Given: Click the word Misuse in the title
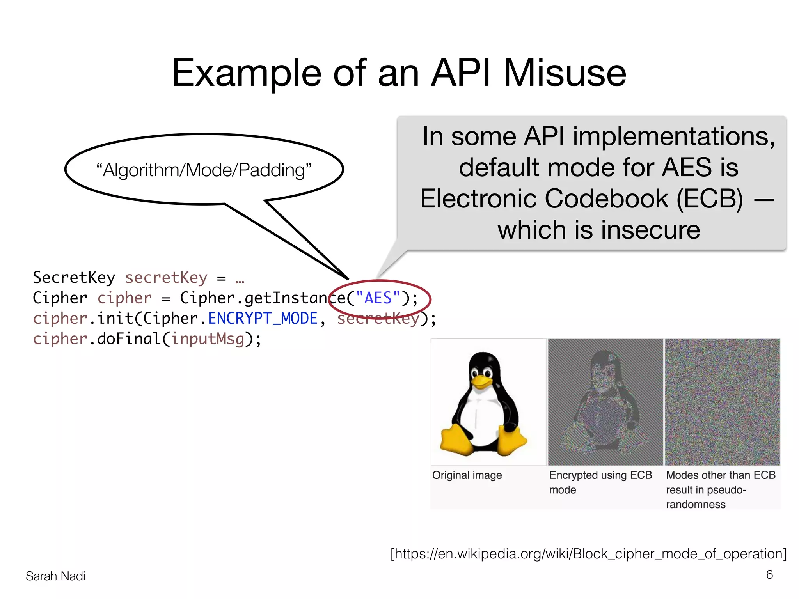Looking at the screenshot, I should coord(565,73).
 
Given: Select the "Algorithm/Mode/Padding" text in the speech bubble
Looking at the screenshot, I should coord(204,170).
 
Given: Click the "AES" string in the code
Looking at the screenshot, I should coord(378,298).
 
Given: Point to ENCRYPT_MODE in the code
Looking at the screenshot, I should coord(263,319).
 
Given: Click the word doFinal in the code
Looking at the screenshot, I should coord(129,339).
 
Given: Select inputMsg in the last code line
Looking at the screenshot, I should coord(208,339).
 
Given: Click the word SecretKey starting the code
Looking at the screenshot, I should coord(74,278).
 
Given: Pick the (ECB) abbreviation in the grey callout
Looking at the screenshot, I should coord(710,199).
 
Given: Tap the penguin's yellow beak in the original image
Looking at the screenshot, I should coord(482,381).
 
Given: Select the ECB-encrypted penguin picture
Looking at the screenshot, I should coord(605,402).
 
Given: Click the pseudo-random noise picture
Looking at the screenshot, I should coord(722,402).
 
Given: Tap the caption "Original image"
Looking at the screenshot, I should coord(467,475).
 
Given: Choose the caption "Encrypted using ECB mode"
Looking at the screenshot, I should coord(600,482).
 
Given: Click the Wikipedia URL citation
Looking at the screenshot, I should coord(588,554).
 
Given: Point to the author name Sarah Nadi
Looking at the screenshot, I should coord(55,576).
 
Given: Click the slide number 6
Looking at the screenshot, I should coord(769,574).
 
